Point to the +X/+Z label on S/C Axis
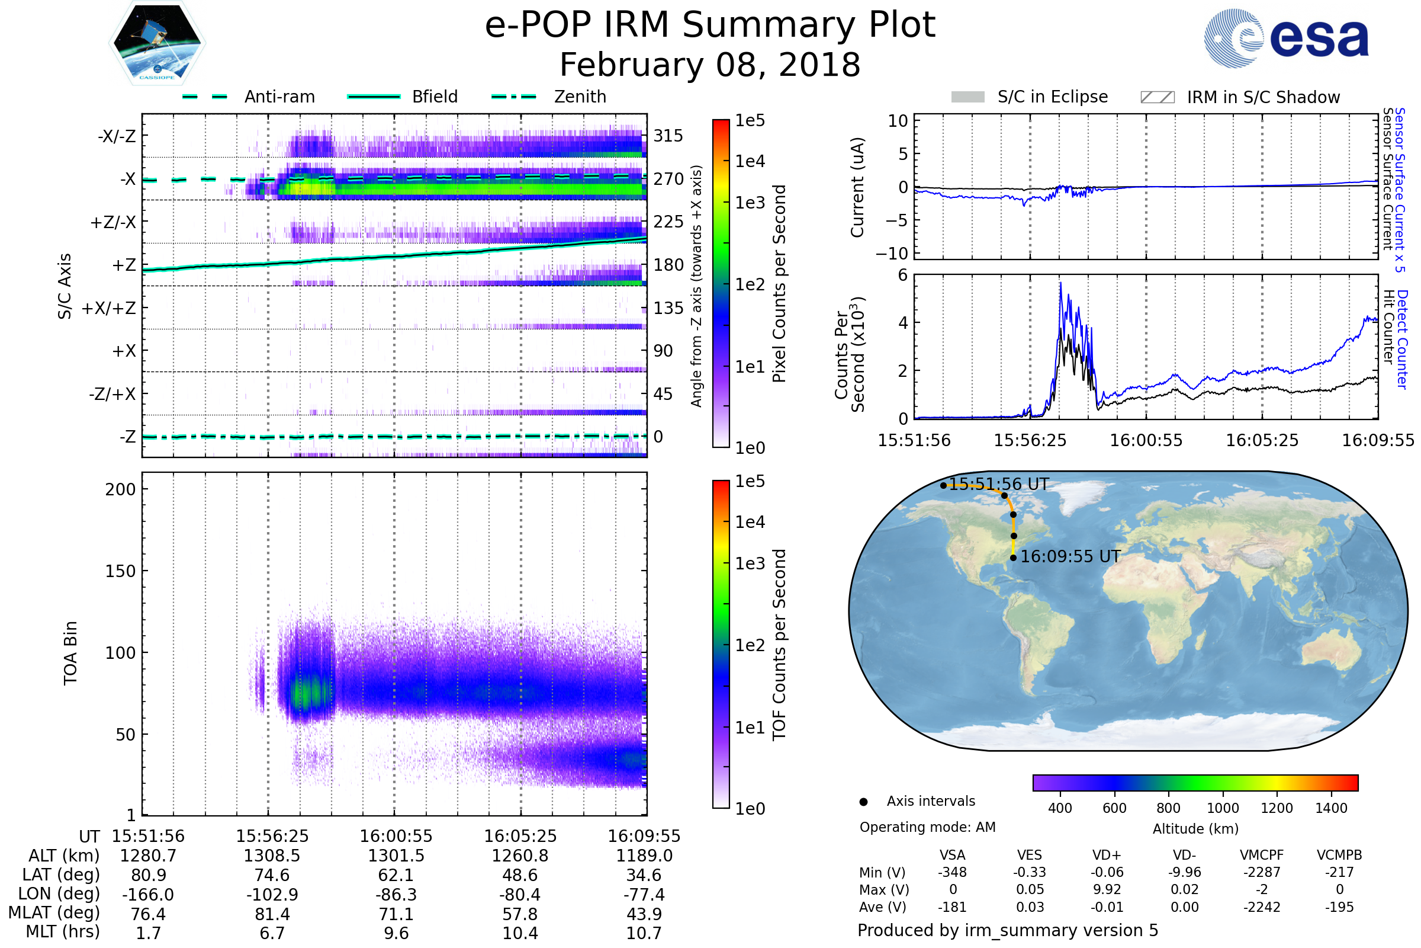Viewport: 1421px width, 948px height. click(x=109, y=308)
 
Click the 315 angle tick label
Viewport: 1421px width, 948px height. click(x=668, y=136)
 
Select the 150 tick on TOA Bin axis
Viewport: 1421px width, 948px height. click(x=120, y=571)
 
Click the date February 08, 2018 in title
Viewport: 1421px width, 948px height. click(x=710, y=65)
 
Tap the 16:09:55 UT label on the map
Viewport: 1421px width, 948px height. click(x=1070, y=557)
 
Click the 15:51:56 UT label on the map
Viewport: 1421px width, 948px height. click(x=999, y=484)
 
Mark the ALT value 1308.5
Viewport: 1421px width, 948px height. click(x=272, y=856)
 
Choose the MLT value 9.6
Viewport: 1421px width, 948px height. click(x=396, y=933)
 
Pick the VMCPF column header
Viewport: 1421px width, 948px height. click(x=1262, y=855)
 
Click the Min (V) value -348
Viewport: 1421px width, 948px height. click(x=952, y=872)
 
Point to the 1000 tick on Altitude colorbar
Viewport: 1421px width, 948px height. click(x=1223, y=808)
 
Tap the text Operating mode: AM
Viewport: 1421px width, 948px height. click(x=927, y=827)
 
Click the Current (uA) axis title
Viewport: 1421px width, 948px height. click(x=857, y=187)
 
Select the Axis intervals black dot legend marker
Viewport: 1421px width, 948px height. click(x=864, y=802)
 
